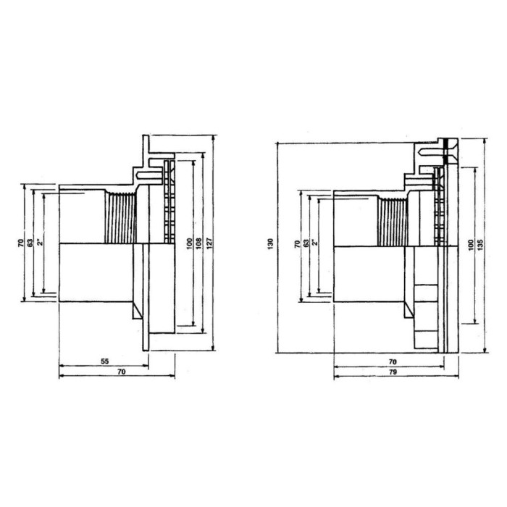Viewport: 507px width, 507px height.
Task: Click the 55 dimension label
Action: (x=104, y=361)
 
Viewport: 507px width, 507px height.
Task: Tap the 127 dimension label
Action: (x=209, y=243)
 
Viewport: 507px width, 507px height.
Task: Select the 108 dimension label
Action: (x=199, y=243)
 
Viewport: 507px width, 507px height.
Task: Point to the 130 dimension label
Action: (x=271, y=243)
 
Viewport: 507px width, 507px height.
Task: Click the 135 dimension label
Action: (x=479, y=244)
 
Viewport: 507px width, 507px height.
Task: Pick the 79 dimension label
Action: (x=393, y=372)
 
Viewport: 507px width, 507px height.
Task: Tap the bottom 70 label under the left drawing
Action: (x=121, y=372)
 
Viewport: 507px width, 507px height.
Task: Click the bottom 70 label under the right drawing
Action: (x=393, y=362)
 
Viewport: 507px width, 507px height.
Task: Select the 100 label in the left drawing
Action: (x=190, y=243)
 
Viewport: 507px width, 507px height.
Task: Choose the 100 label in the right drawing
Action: (x=471, y=244)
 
